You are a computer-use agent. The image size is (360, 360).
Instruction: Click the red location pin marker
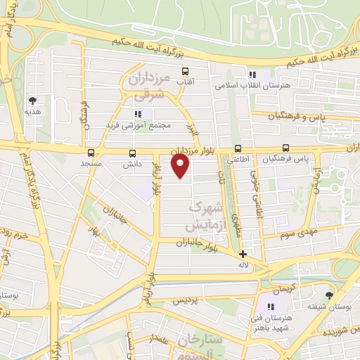[x=181, y=166]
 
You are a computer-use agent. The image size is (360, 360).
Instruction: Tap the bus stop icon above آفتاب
[x=186, y=71]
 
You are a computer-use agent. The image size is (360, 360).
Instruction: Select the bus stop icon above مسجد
[x=91, y=153]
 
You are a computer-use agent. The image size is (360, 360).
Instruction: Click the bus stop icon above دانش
[x=132, y=153]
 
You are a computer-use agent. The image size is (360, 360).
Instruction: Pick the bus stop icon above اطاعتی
[x=238, y=148]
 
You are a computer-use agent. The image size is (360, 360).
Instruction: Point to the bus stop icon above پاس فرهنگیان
[x=285, y=148]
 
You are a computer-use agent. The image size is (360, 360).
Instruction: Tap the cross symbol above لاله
[x=243, y=254]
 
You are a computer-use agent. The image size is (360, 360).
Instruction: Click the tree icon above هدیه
[x=32, y=101]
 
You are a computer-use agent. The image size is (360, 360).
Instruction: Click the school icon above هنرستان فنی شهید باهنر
[x=269, y=306]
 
